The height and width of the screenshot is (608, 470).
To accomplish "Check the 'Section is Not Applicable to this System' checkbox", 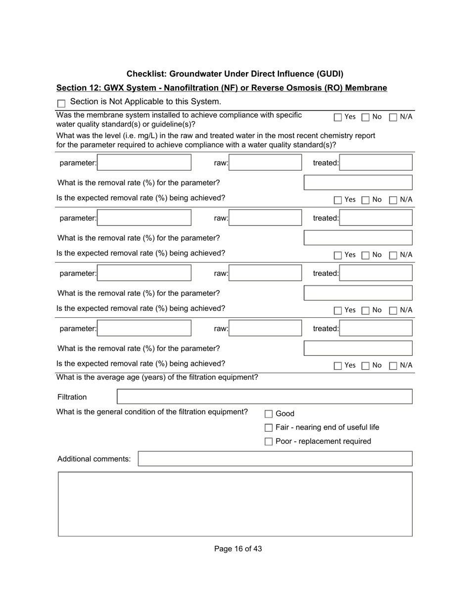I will tap(62, 104).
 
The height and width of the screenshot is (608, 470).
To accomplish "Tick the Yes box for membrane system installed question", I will tap(338, 117).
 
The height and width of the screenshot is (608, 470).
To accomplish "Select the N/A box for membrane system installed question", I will tap(393, 117).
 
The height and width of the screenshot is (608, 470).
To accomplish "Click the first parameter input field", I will tap(144, 163).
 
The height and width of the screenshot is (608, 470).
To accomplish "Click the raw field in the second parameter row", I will tap(265, 218).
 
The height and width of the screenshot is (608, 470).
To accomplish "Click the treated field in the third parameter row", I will tap(376, 273).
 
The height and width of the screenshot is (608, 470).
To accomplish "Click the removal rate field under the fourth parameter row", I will tap(358, 348).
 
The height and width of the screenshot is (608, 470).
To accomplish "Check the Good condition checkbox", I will tap(269, 414).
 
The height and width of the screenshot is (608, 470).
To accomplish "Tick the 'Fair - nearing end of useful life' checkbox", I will tap(269, 428).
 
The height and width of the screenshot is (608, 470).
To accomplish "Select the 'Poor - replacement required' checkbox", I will tap(269, 441).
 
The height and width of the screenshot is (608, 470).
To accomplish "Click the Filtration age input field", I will tap(264, 397).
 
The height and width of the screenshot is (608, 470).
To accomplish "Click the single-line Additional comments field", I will tap(275, 459).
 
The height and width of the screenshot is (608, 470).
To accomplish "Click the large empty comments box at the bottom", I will tap(235, 504).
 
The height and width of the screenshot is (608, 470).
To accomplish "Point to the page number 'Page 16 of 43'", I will tap(238, 549).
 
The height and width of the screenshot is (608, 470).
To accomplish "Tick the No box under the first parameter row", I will tap(366, 200).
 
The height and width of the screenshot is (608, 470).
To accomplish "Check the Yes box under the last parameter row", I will tap(338, 366).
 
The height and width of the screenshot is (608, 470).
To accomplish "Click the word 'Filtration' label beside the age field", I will tap(72, 397).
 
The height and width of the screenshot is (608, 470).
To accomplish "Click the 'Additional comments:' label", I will tap(94, 459).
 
